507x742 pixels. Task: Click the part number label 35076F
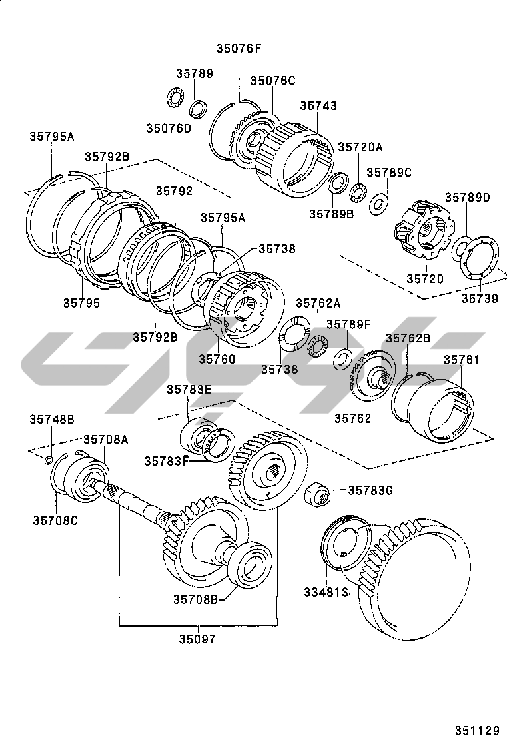[238, 47]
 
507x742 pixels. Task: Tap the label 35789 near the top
[195, 74]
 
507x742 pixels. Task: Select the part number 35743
[318, 106]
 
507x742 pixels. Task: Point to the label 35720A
[360, 147]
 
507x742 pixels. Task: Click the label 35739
[480, 299]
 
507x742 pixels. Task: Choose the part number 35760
[217, 359]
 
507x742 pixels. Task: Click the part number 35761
[462, 360]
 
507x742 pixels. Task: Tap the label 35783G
[370, 490]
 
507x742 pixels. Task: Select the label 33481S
[326, 591]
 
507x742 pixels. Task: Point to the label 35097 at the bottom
[197, 639]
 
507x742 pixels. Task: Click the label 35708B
[197, 599]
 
